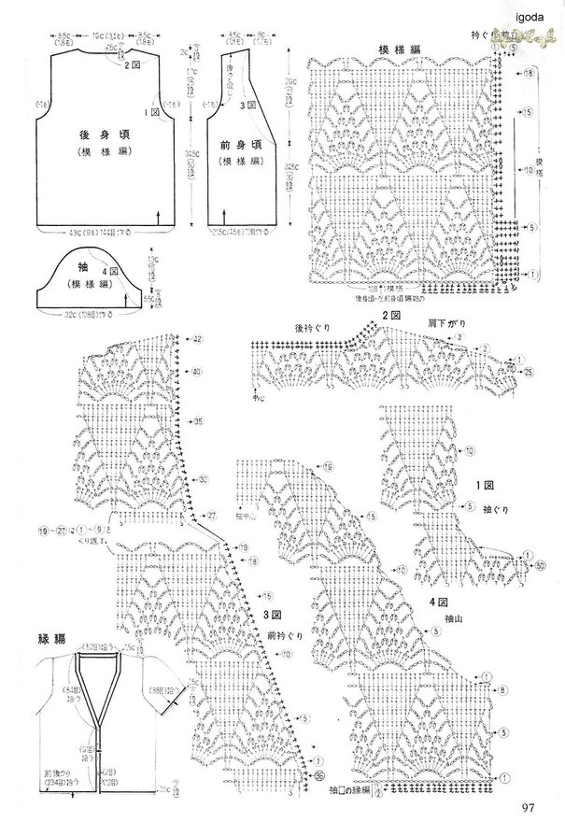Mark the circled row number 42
(197, 340)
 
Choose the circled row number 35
(199, 423)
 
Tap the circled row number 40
(197, 372)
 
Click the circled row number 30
(201, 480)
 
